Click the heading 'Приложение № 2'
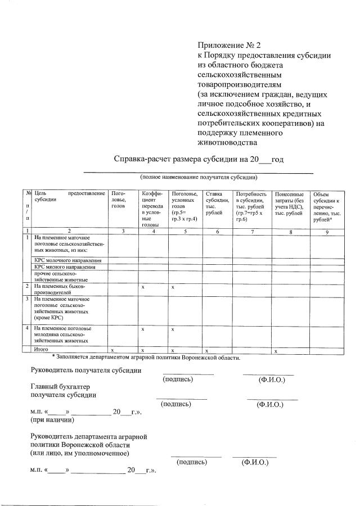tap(229, 45)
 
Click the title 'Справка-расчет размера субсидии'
tap(199, 159)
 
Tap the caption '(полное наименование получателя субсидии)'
tap(199, 177)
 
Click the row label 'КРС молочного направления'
tap(67, 260)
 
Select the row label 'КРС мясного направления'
tap(65, 267)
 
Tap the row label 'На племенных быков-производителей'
tap(60, 290)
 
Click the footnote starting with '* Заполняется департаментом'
tap(146, 358)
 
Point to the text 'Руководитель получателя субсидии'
tap(85, 370)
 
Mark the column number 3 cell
tap(123, 231)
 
